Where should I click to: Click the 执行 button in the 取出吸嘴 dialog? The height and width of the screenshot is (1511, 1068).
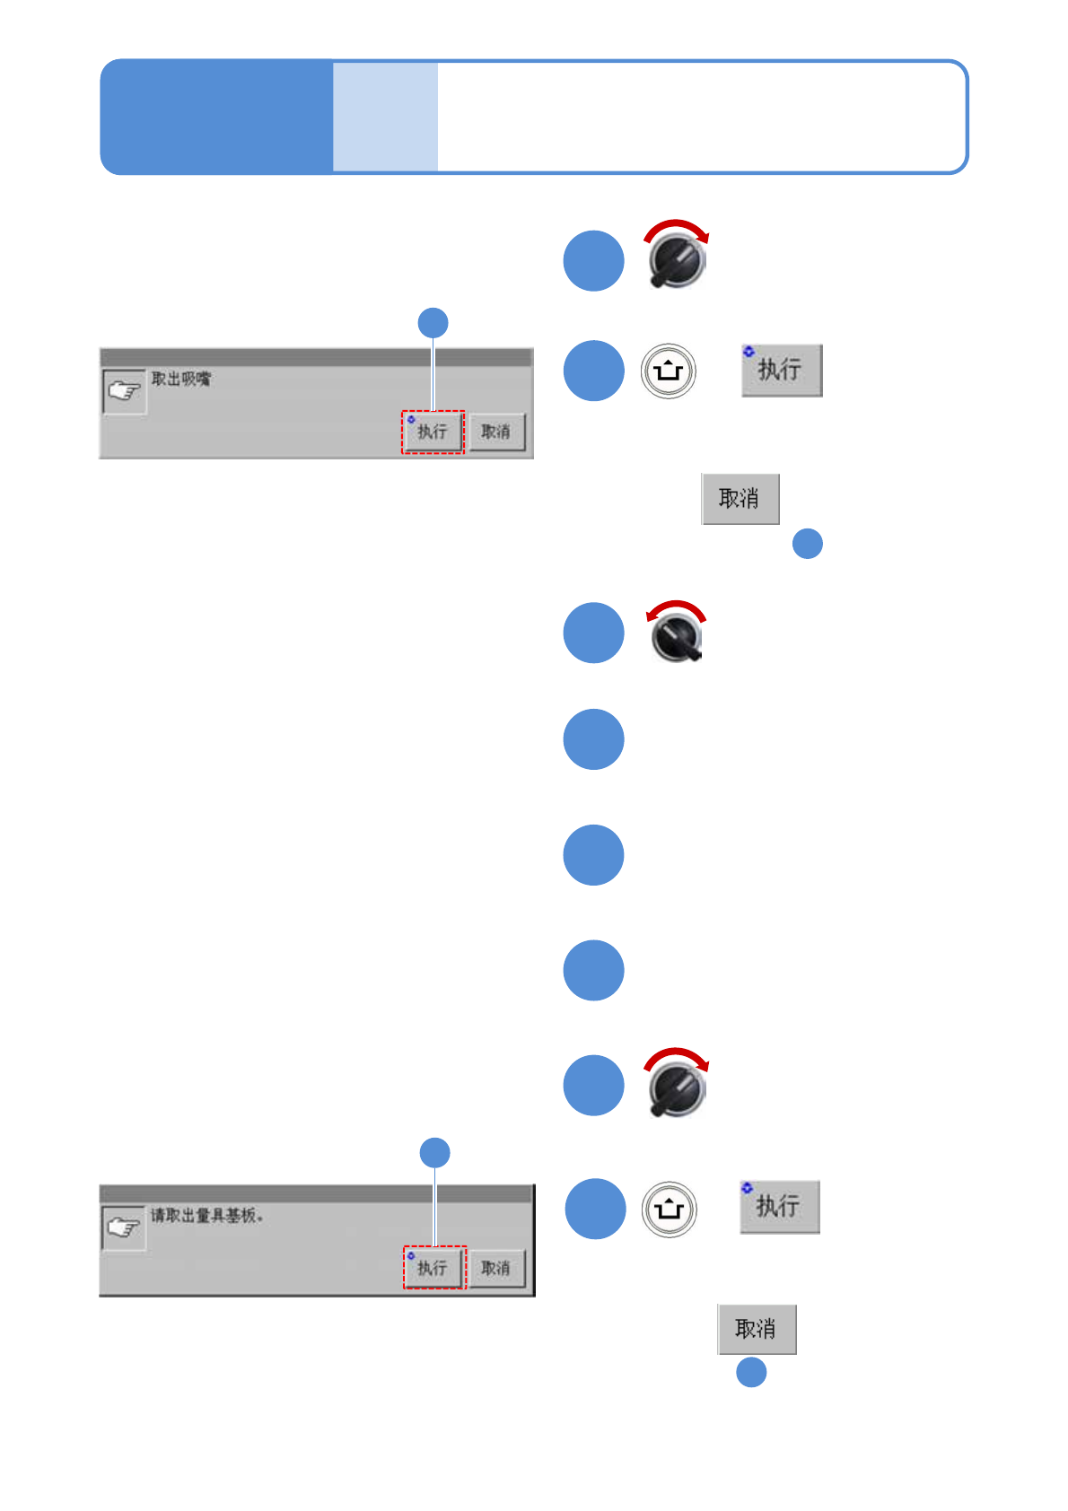coord(433,432)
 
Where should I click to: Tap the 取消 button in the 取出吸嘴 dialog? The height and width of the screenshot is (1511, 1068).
coord(496,432)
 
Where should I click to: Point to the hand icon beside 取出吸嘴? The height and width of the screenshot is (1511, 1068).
coord(124,391)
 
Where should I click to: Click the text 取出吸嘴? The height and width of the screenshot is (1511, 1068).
coord(181,379)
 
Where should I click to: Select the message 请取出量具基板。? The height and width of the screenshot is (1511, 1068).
coord(206,1216)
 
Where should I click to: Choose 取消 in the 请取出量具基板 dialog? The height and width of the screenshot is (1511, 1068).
coord(496,1268)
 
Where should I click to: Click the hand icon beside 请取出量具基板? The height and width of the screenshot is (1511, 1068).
coord(124,1227)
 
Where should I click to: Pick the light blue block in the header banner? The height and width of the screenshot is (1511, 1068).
coord(385,117)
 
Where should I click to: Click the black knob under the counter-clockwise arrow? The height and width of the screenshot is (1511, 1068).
coord(678,638)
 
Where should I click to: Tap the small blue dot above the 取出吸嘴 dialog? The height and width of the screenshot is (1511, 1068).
coord(433,323)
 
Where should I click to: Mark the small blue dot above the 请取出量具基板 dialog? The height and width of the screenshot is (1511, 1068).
coord(435,1152)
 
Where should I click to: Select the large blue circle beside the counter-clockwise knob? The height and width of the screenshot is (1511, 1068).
coord(593,633)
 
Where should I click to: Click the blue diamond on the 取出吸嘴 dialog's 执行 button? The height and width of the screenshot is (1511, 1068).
coord(411,419)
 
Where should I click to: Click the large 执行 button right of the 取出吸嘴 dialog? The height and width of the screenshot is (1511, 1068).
coord(782,370)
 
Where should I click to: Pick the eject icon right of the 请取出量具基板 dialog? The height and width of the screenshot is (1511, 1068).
coord(670,1209)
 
